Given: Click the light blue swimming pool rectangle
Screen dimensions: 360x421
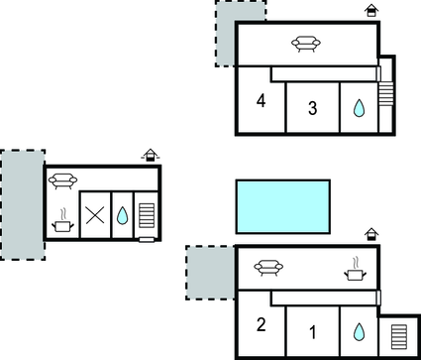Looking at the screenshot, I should point(282,206).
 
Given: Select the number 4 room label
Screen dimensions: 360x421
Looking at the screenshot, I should point(261,102).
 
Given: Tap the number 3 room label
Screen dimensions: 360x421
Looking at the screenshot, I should point(312,109).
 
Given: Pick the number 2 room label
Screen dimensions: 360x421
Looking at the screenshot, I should point(262,324).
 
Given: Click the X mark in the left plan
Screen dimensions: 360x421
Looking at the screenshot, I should point(95,215).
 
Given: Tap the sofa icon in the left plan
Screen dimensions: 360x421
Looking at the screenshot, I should point(62,180).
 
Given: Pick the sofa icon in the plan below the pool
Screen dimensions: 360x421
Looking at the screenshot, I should point(267,267).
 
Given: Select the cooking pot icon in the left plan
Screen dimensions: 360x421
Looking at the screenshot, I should point(62,222).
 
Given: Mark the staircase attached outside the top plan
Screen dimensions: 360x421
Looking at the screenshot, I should point(386,94).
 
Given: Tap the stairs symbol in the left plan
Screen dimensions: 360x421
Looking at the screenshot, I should point(147,217).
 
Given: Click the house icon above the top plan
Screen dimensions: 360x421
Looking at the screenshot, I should point(371,10).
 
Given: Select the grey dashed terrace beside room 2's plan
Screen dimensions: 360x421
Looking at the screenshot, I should point(209,272).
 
